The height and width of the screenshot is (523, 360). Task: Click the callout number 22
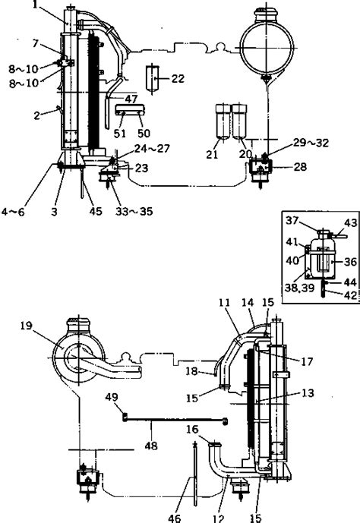[178, 78]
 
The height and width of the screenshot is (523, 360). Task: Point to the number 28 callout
[300, 166]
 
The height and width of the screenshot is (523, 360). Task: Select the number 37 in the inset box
[292, 220]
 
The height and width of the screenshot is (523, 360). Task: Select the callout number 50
[144, 134]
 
